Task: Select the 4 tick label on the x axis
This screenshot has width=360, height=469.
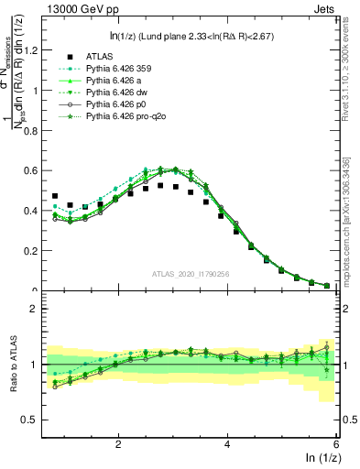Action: point(227,443)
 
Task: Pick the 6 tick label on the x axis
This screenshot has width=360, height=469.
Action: point(336,443)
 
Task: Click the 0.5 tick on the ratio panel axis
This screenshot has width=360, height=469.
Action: point(37,420)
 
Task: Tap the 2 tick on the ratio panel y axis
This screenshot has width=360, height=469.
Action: point(40,309)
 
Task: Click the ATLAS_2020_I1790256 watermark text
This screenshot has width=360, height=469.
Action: point(191,275)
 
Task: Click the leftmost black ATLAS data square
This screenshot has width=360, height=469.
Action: point(55,196)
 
